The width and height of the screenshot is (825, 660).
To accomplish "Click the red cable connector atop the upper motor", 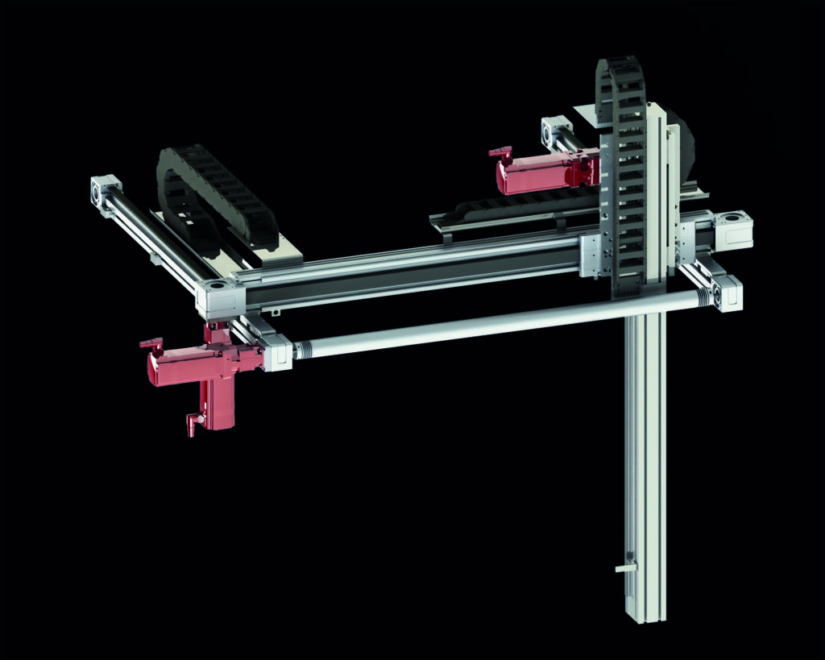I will point(500,152).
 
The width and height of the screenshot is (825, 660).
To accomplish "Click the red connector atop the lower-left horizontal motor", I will point(151,343).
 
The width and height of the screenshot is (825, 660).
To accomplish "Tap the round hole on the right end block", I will point(736,218).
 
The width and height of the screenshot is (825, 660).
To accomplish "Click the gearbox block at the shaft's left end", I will point(277,353).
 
